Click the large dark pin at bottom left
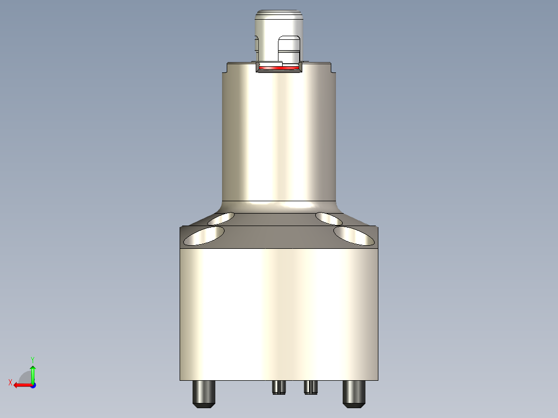click(204, 394)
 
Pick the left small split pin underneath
click(278, 387)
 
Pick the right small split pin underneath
click(310, 387)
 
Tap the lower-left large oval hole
click(204, 235)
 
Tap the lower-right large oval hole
click(354, 235)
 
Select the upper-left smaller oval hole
click(221, 218)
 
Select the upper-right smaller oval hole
click(333, 218)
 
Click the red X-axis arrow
click(21, 385)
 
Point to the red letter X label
click(10, 383)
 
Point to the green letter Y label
click(33, 359)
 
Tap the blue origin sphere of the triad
click(33, 385)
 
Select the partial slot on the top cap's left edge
click(256, 44)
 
